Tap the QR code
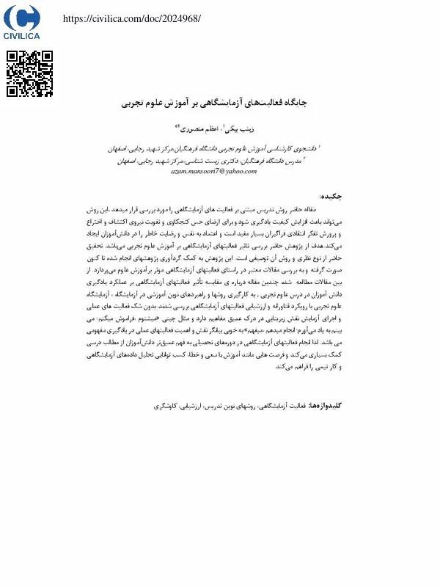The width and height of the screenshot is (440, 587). click(x=30, y=74)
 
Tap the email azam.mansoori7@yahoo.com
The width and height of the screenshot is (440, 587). click(x=214, y=170)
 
